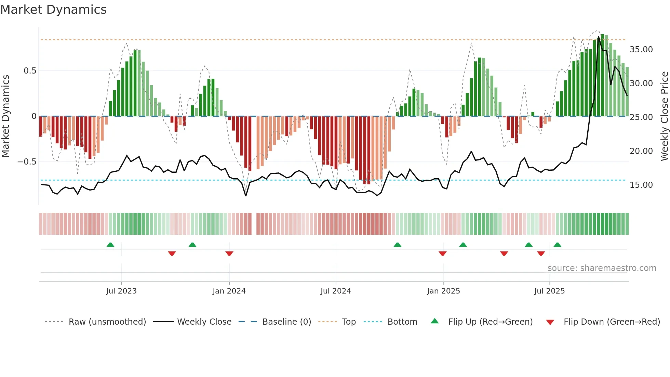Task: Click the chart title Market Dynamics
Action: click(x=53, y=10)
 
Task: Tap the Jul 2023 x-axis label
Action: click(x=121, y=291)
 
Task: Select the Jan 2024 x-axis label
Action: click(x=229, y=291)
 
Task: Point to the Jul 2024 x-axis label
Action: click(x=336, y=291)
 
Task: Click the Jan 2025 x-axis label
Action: click(x=443, y=291)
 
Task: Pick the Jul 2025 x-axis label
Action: click(x=549, y=291)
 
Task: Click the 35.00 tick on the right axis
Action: click(x=641, y=50)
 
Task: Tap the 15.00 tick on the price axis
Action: click(x=641, y=185)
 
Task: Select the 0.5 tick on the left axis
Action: click(x=30, y=71)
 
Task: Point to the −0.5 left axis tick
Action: click(x=27, y=162)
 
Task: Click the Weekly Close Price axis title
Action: click(x=664, y=116)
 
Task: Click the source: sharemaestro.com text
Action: click(x=602, y=268)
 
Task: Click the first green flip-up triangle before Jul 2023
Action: click(x=110, y=245)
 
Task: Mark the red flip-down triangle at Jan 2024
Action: click(x=229, y=253)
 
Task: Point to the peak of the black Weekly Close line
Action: click(x=599, y=37)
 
